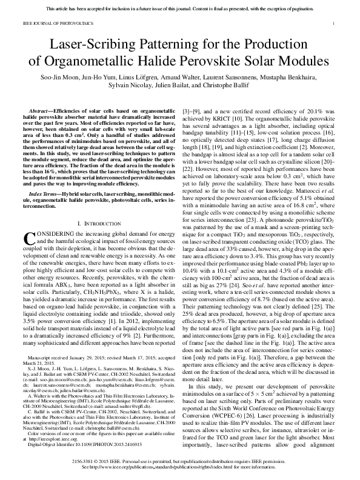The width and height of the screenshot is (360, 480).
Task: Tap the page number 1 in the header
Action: point(334,24)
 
